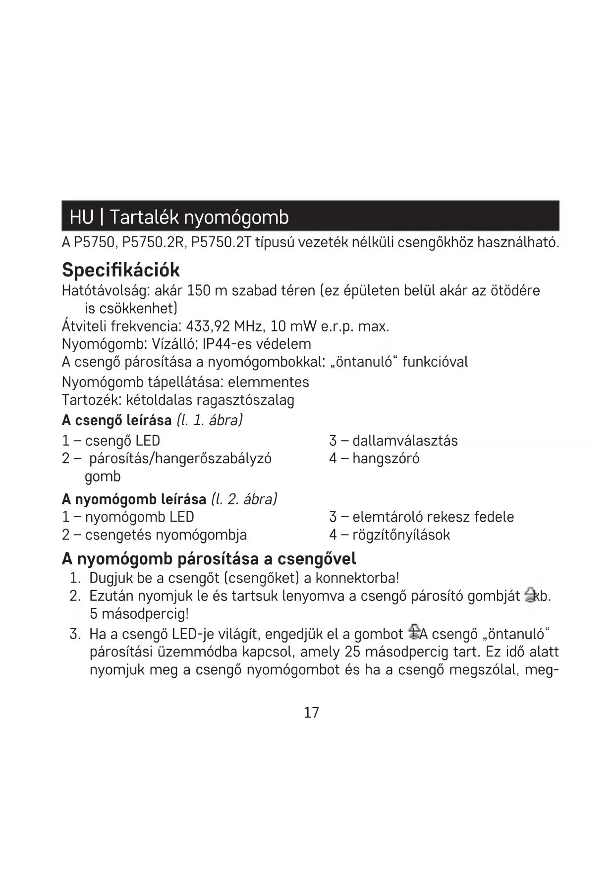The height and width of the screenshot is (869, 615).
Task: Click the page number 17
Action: click(x=311, y=712)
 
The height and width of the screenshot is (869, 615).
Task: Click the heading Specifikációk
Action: click(x=120, y=270)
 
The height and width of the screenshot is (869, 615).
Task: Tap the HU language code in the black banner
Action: click(x=81, y=217)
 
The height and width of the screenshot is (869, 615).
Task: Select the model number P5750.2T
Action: click(x=222, y=243)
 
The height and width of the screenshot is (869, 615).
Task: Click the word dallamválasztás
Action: click(x=405, y=440)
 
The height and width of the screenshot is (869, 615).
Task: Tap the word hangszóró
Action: click(x=386, y=458)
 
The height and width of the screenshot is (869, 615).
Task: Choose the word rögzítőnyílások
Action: click(x=401, y=535)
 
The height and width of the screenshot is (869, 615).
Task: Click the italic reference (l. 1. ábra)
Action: click(x=209, y=420)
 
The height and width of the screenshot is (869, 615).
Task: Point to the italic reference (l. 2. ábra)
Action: click(x=244, y=498)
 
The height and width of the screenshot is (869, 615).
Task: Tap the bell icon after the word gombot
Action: click(x=412, y=633)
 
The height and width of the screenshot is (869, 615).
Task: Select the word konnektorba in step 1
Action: click(x=357, y=578)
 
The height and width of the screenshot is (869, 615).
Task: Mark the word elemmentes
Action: click(x=268, y=382)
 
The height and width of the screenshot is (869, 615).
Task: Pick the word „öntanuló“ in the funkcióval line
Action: click(x=364, y=362)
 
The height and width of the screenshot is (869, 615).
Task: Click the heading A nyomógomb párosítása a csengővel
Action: click(x=209, y=559)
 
